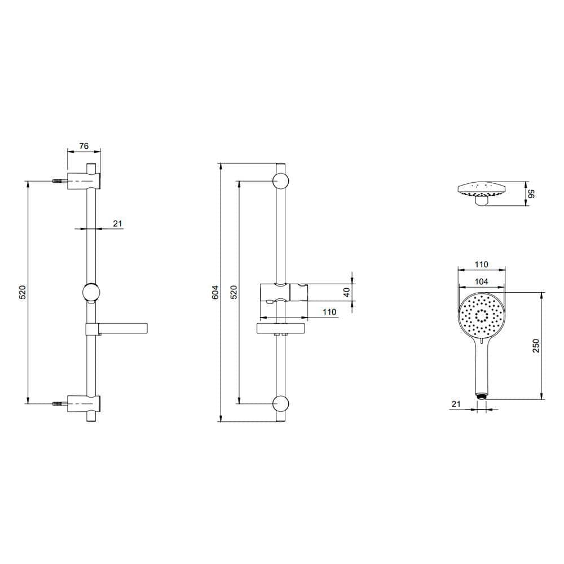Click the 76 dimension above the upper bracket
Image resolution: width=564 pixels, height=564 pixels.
pyautogui.click(x=83, y=146)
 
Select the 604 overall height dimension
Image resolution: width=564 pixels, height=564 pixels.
pyautogui.click(x=215, y=292)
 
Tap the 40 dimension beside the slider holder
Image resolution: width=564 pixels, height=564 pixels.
pyautogui.click(x=347, y=292)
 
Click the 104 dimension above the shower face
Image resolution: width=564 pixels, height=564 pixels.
pyautogui.click(x=481, y=281)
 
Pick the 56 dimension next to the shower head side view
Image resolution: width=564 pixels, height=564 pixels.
pyautogui.click(x=531, y=193)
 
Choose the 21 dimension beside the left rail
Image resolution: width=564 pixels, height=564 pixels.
pyautogui.click(x=117, y=224)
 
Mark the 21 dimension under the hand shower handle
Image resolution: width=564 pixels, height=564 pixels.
pyautogui.click(x=456, y=403)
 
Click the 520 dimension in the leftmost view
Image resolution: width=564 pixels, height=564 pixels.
pyautogui.click(x=23, y=292)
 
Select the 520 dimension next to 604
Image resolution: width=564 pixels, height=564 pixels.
pyautogui.click(x=233, y=292)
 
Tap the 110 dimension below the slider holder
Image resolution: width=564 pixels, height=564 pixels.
pyautogui.click(x=329, y=311)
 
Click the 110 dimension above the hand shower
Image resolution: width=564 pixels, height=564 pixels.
pyautogui.click(x=481, y=264)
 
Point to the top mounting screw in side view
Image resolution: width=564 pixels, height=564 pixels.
pyautogui.click(x=59, y=182)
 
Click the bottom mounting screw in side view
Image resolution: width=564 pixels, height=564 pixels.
pyautogui.click(x=59, y=403)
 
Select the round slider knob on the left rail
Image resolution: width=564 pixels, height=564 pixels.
pyautogui.click(x=90, y=292)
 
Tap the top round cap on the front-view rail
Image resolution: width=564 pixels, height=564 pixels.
pyautogui.click(x=281, y=181)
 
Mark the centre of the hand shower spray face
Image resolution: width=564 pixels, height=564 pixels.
pyautogui.click(x=481, y=316)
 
